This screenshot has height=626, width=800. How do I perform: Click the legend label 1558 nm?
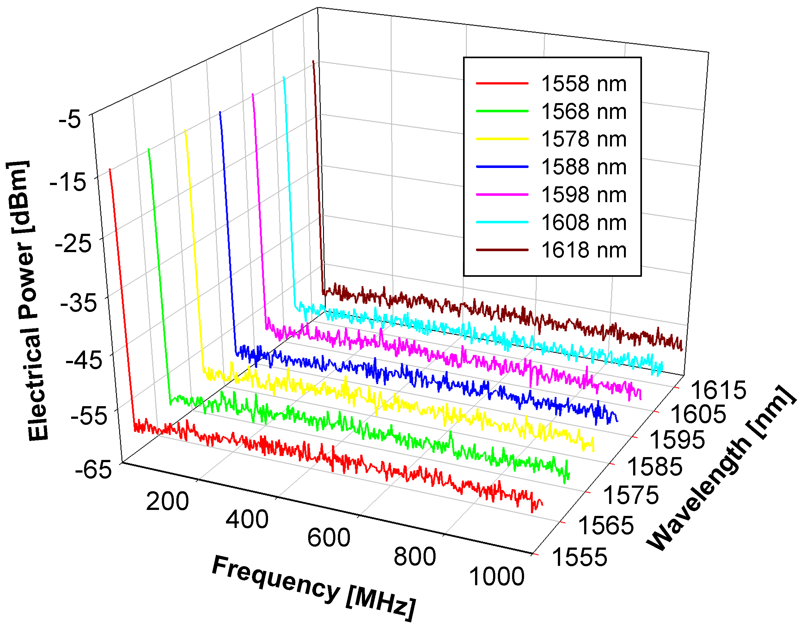(x=583, y=84)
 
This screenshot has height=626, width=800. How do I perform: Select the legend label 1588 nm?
(x=583, y=167)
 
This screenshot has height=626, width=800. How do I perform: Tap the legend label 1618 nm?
(x=583, y=250)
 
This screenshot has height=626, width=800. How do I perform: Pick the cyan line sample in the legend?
(x=502, y=222)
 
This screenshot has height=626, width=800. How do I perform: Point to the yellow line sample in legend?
(x=502, y=139)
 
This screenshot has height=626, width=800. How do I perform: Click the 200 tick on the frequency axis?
(x=168, y=501)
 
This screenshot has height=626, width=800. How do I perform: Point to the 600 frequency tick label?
(x=329, y=538)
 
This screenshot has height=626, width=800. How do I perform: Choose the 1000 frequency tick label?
(x=497, y=577)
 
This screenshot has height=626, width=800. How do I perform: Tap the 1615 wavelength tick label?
(x=718, y=390)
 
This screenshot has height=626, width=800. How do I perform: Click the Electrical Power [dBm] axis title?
(x=27, y=301)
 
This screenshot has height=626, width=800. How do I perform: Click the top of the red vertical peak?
(x=110, y=170)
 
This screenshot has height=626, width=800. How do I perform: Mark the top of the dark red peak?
(x=313, y=61)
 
